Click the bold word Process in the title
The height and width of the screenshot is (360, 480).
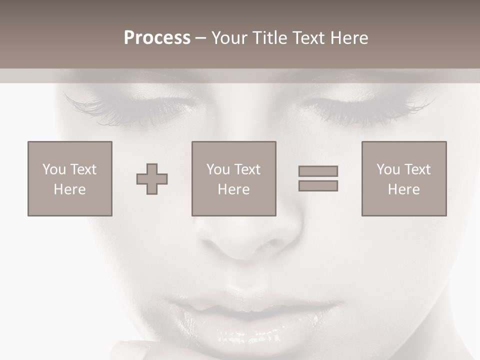coord(157,38)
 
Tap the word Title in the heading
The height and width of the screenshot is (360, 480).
coord(269,38)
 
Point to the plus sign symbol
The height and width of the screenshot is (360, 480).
coord(152,179)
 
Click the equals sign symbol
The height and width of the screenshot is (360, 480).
coord(318,178)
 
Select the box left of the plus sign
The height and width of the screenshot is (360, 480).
coord(70,179)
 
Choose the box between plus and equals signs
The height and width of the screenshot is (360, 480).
coord(233,179)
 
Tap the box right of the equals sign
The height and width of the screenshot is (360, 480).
coord(404,179)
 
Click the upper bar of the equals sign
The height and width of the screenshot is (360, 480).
coord(318,171)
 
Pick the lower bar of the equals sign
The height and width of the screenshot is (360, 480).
coord(318,185)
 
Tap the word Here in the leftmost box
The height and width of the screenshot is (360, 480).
coord(70,189)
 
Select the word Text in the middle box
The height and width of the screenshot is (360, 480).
coord(247,169)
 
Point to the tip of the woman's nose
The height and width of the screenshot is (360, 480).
coord(245,245)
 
